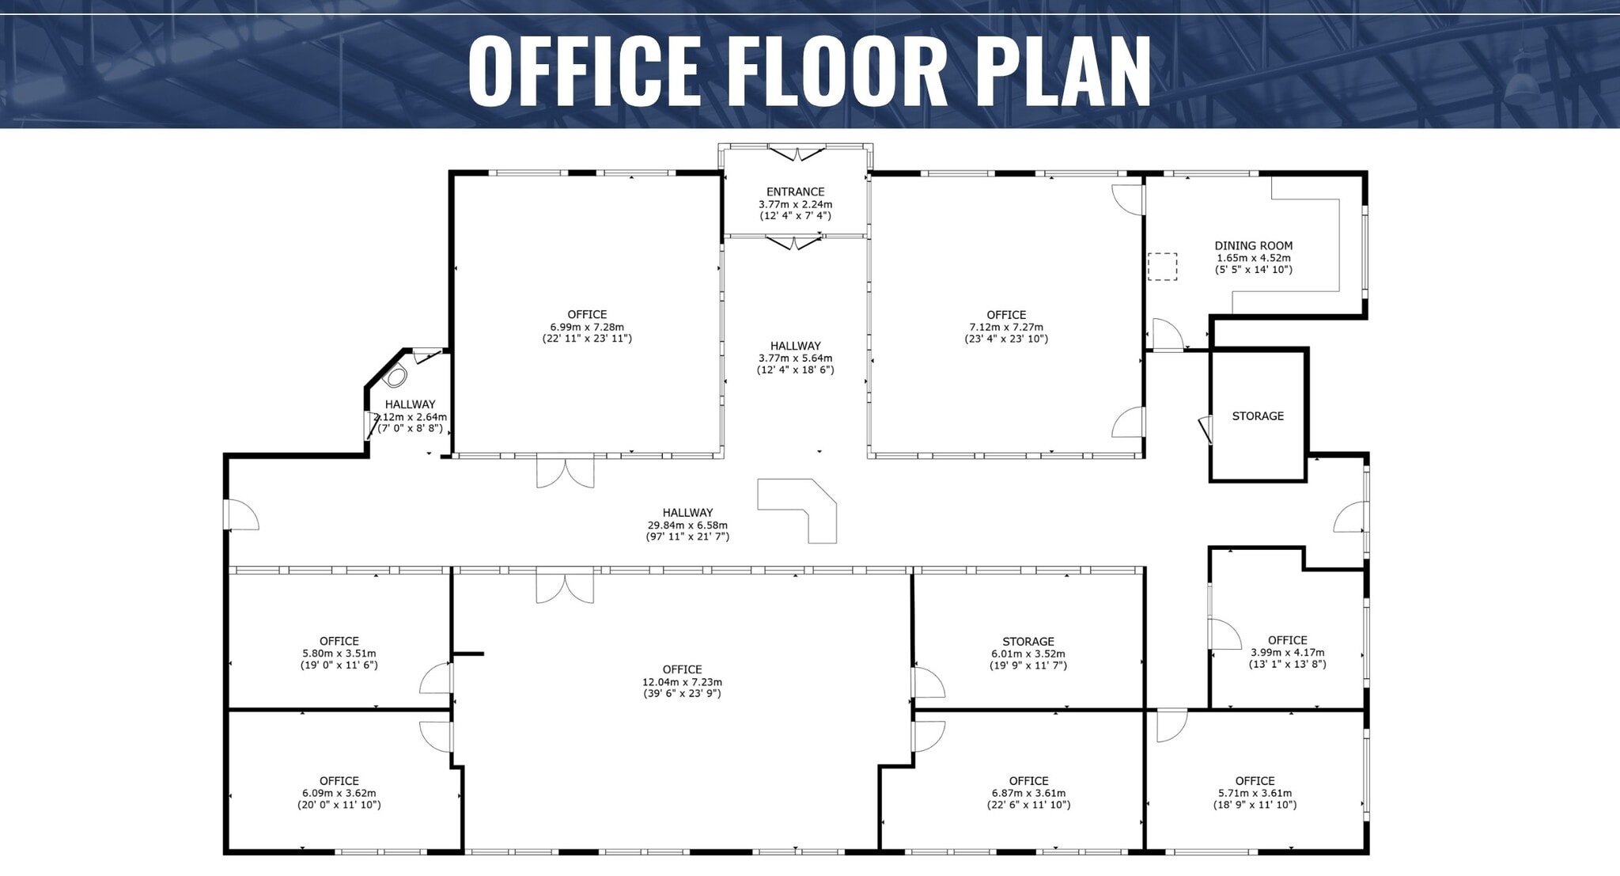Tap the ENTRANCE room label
(x=795, y=192)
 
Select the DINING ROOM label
(x=1253, y=245)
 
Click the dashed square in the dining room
(x=1162, y=267)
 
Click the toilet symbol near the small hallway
(x=395, y=377)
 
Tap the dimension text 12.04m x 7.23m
(x=682, y=682)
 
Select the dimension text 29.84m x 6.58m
(x=687, y=525)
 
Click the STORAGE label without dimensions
(x=1257, y=416)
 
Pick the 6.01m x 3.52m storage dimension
(x=1028, y=654)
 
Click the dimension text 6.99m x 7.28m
(x=586, y=327)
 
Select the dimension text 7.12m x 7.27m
(x=1005, y=327)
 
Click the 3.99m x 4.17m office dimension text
(x=1287, y=653)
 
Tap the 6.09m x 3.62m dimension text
(x=339, y=793)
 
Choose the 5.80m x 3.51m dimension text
(x=339, y=654)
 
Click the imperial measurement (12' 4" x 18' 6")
(x=795, y=370)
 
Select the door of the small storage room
(x=1205, y=430)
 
